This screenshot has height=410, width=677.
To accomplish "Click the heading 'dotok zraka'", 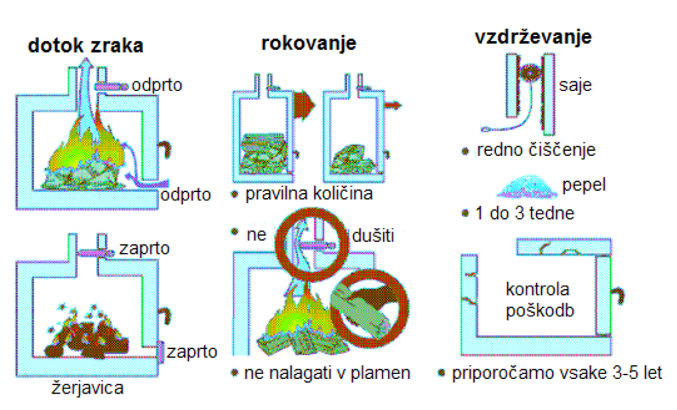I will point(85,46).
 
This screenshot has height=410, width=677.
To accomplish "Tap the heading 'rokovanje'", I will point(309,43).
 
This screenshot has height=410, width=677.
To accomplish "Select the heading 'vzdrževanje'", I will point(533,37).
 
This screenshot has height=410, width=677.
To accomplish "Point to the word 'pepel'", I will point(584,185).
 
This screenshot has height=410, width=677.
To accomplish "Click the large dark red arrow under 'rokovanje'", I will point(305,104).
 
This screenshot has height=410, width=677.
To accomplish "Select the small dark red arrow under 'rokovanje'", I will point(393,104).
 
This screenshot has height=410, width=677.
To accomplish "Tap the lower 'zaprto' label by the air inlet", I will point(192,352).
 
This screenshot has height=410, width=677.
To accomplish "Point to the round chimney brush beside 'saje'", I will point(531,75).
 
